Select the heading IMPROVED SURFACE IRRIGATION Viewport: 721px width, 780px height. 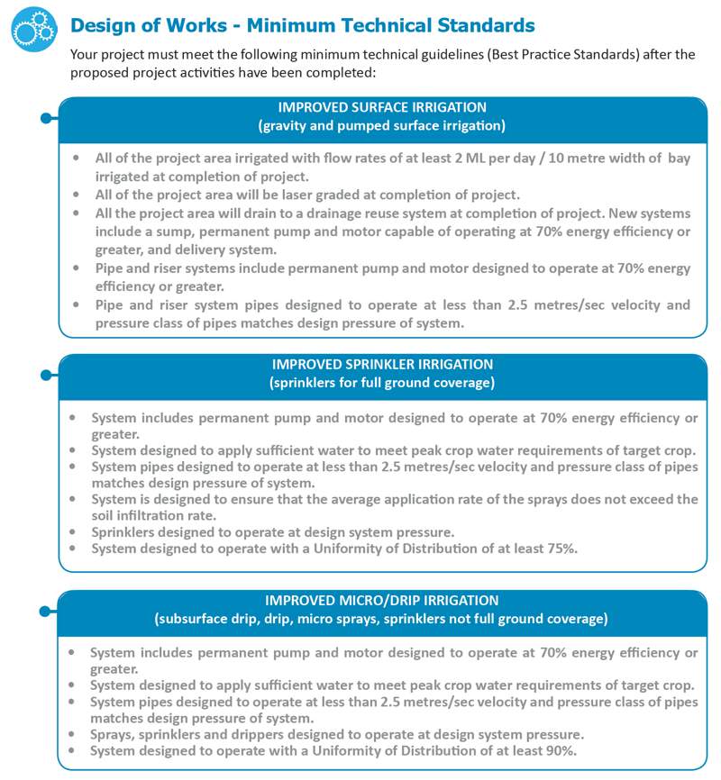382,107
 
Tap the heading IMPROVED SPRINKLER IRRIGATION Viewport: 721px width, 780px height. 382,365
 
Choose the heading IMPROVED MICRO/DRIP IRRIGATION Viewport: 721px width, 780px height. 382,600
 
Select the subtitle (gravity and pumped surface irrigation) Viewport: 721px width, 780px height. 382,125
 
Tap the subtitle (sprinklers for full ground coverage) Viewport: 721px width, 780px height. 382,383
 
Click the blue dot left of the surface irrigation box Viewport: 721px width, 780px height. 44,118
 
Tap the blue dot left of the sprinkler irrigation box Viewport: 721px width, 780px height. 44,375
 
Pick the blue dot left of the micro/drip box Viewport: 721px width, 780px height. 44,611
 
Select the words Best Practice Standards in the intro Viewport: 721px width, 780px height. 565,54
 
